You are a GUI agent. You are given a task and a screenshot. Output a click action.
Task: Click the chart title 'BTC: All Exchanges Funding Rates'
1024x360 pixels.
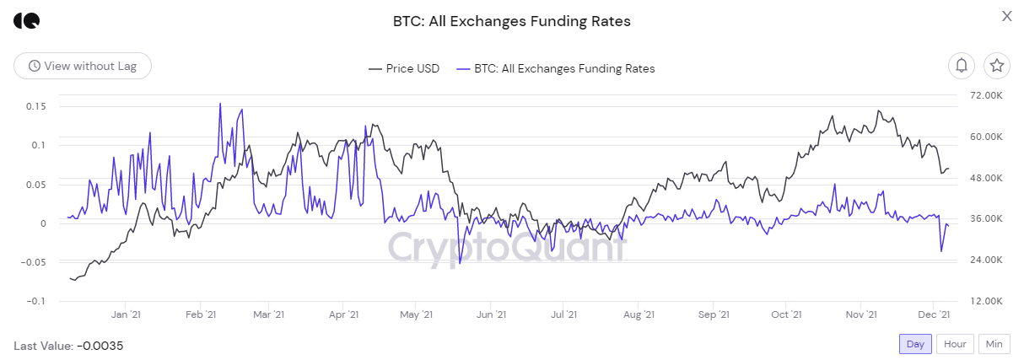(x=511, y=20)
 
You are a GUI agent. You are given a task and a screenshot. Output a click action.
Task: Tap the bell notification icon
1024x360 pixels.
(x=962, y=65)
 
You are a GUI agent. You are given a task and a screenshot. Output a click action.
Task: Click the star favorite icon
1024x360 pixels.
(x=997, y=65)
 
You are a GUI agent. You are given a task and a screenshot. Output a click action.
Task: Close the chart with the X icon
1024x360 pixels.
(x=1006, y=16)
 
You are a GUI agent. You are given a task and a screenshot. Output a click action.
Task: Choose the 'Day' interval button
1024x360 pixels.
(x=915, y=344)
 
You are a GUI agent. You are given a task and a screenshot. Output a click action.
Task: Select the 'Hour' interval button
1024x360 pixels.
(x=955, y=344)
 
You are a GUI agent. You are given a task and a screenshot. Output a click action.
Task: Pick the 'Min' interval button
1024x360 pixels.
(x=994, y=344)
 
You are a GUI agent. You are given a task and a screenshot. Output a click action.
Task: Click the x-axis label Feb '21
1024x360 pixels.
(x=200, y=314)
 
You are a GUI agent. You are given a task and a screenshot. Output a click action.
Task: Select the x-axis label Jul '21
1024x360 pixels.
(x=563, y=314)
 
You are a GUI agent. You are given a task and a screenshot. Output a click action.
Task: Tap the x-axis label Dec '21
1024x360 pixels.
(x=934, y=314)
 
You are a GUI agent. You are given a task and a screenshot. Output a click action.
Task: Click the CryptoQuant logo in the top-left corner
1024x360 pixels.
(x=26, y=20)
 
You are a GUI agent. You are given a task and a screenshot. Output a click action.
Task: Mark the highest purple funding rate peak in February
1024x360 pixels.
(x=220, y=104)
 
